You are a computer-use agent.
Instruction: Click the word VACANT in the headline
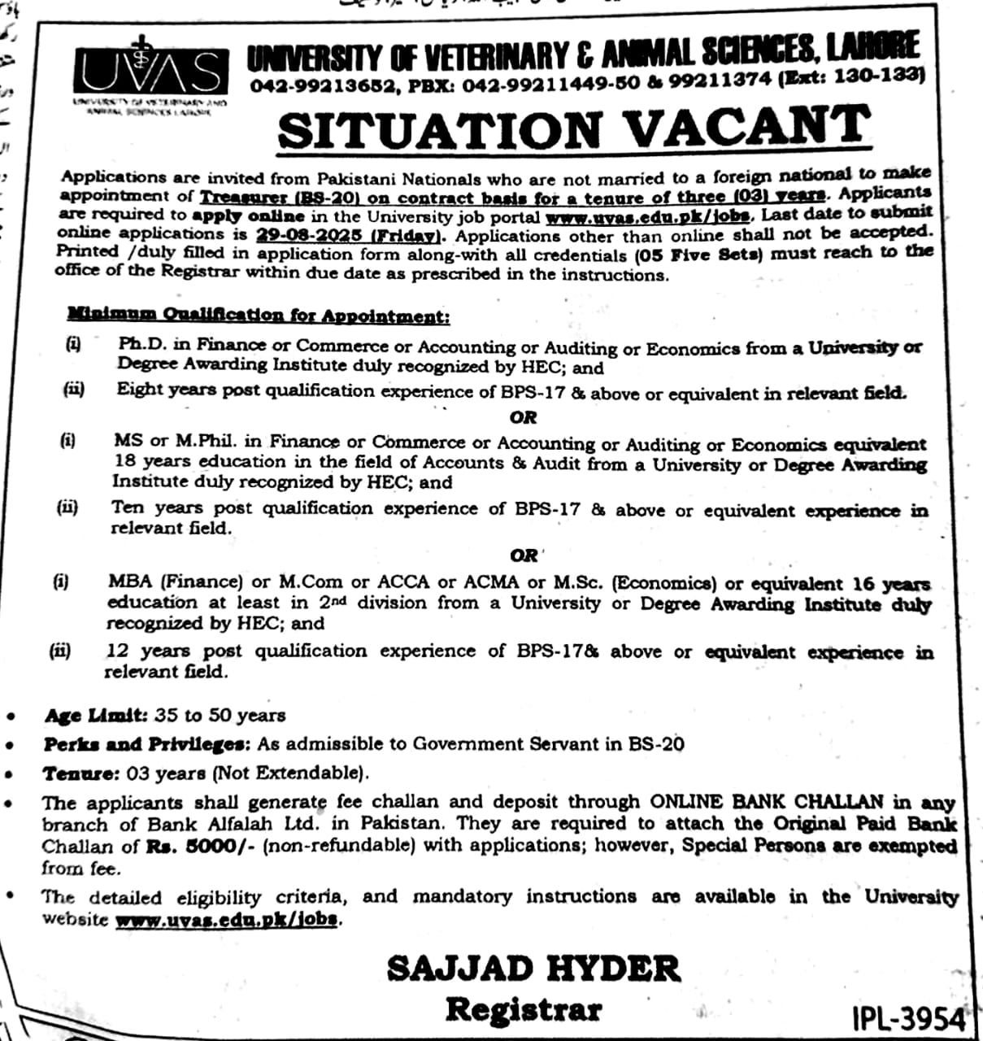pyautogui.click(x=747, y=128)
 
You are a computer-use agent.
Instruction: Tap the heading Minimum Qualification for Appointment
pyautogui.click(x=258, y=315)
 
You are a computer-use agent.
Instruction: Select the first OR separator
pyautogui.click(x=524, y=417)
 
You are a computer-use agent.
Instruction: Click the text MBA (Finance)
pyautogui.click(x=175, y=581)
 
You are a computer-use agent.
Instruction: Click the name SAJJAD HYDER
pyautogui.click(x=533, y=969)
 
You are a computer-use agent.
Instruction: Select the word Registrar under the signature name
pyautogui.click(x=524, y=1009)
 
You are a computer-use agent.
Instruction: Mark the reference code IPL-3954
pyautogui.click(x=908, y=1018)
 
